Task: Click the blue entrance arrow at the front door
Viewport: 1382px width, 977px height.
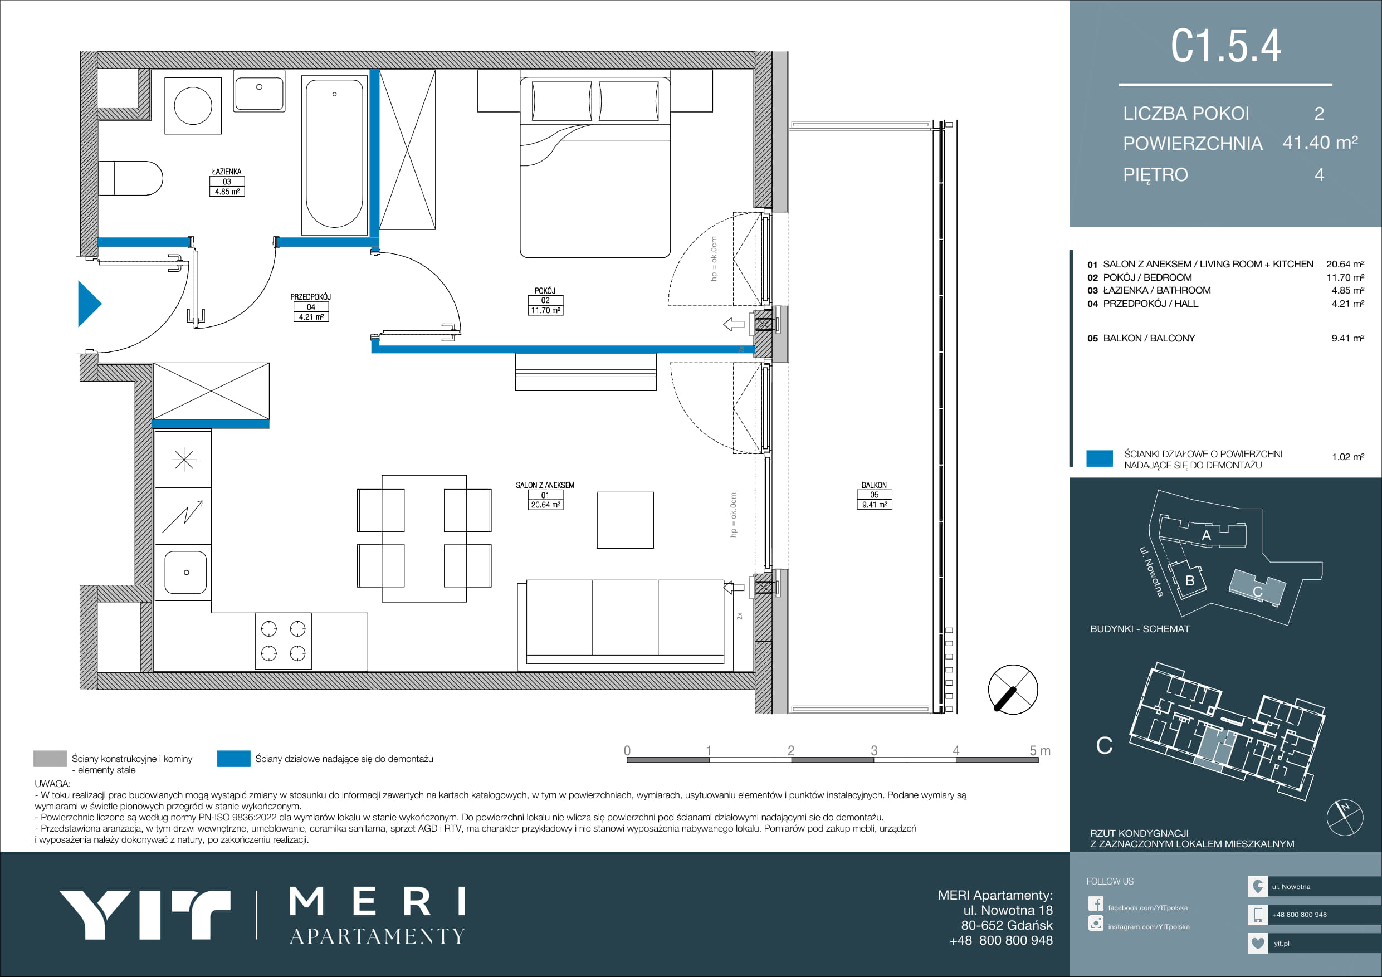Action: click(x=89, y=304)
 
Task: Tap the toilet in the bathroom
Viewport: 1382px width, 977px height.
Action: click(x=130, y=178)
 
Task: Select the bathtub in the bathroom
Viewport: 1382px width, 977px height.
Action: click(x=334, y=155)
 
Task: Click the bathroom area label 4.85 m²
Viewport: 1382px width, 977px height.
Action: click(x=227, y=192)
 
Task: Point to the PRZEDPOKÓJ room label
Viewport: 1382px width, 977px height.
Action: click(x=311, y=297)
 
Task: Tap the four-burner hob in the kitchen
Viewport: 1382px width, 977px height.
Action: click(x=283, y=641)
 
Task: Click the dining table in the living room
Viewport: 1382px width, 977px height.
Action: click(x=424, y=538)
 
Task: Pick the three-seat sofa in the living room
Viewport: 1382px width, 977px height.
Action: click(x=625, y=625)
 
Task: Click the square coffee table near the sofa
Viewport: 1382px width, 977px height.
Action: click(x=625, y=520)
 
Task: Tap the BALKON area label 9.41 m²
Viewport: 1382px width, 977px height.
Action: click(x=874, y=505)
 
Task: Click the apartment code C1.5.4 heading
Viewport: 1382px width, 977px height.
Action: click(x=1225, y=46)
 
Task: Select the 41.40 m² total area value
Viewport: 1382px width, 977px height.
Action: click(x=1320, y=143)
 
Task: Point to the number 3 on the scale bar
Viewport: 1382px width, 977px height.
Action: click(x=874, y=750)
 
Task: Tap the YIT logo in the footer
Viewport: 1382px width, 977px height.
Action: click(x=144, y=915)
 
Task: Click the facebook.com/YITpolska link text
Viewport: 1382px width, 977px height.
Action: click(x=1148, y=908)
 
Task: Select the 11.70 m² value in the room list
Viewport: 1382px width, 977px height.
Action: click(x=1345, y=277)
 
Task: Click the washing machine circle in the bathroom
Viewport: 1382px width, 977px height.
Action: click(x=193, y=105)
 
